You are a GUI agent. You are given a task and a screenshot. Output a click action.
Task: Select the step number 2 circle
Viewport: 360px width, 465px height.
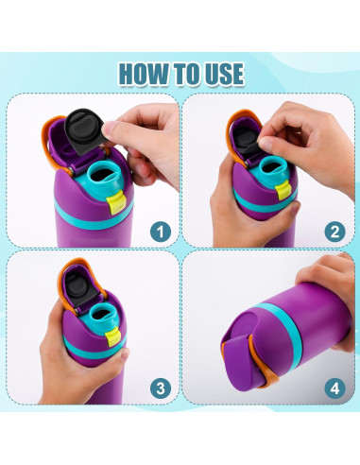pos(334,230)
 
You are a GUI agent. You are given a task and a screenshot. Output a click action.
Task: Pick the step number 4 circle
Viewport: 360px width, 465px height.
pos(334,387)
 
